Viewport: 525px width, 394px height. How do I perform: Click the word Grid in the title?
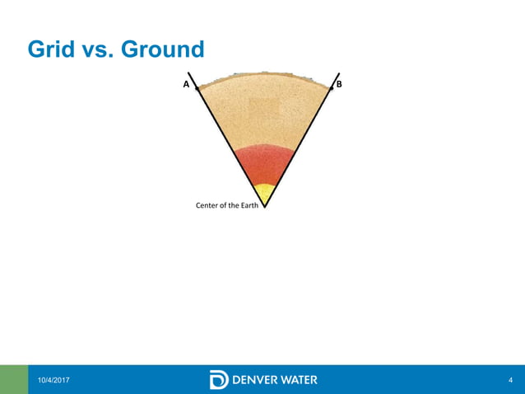[51, 50]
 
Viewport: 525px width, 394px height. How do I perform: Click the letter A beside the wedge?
[187, 85]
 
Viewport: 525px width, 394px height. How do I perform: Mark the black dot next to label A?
[198, 87]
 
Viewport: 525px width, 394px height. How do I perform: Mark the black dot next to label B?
[332, 87]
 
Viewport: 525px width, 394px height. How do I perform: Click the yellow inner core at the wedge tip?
[264, 192]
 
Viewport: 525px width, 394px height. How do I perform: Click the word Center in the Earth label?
[211, 205]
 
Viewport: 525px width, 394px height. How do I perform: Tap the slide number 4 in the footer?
[511, 379]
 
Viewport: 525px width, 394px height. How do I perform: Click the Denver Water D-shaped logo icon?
[219, 379]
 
